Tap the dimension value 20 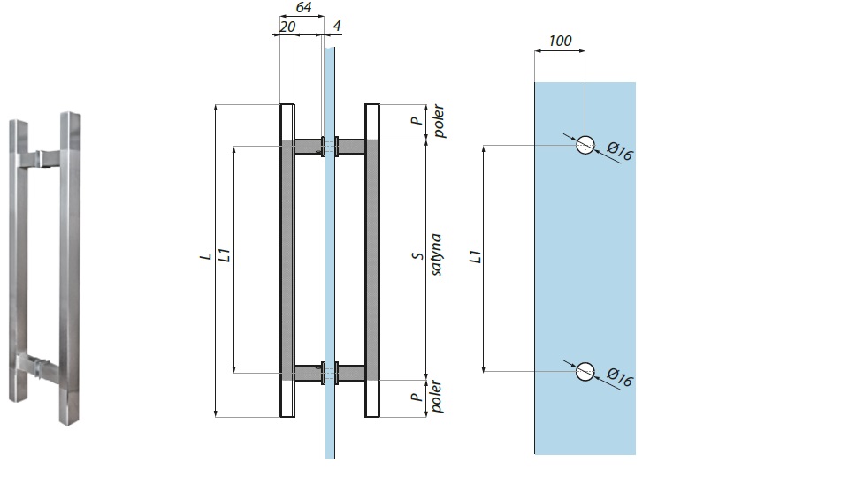click(287, 26)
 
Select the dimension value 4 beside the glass click(337, 26)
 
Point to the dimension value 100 click(560, 41)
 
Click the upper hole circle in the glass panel click(585, 146)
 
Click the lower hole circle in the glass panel click(585, 372)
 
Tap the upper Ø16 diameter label click(621, 154)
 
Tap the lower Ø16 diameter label click(621, 380)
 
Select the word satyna click(436, 256)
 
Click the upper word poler click(436, 121)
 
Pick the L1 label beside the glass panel click(475, 258)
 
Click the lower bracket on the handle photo click(37, 363)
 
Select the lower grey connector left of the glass click(308, 373)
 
